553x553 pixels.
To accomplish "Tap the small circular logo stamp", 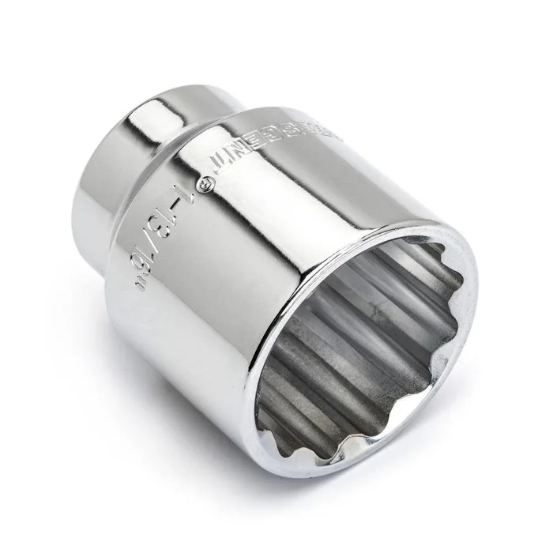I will pyautogui.click(x=207, y=183).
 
